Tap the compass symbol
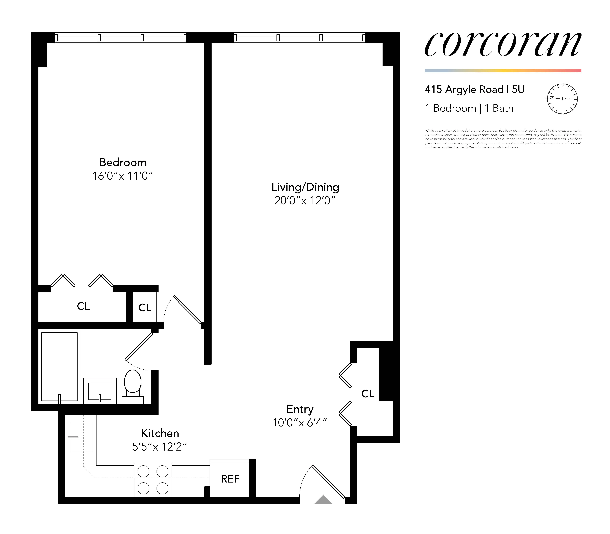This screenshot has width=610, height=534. point(562,99)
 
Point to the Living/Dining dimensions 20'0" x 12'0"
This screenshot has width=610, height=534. point(305,201)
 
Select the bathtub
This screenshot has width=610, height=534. point(60,367)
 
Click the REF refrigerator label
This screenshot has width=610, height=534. point(230,479)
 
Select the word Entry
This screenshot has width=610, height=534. point(300,409)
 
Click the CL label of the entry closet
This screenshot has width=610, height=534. point(368,394)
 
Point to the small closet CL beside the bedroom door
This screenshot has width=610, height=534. point(145,308)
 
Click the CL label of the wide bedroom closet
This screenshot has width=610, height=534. point(83,306)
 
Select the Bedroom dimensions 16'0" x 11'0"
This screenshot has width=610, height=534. point(122,176)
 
